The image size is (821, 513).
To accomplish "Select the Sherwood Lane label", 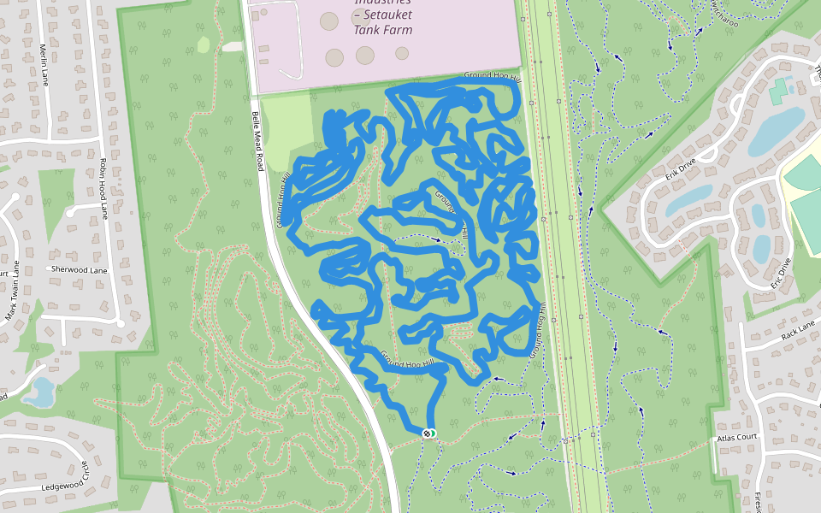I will [80, 269].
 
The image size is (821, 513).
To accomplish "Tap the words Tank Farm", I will [382, 30].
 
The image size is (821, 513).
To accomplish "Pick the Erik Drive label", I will [682, 170].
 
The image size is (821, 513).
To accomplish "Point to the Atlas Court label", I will [737, 437].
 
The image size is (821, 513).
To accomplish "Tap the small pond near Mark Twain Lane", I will [39, 392].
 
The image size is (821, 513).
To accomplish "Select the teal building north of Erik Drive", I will [778, 91].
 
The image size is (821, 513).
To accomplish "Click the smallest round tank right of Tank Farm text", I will [402, 53].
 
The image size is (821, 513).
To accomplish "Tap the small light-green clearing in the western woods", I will [204, 44].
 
